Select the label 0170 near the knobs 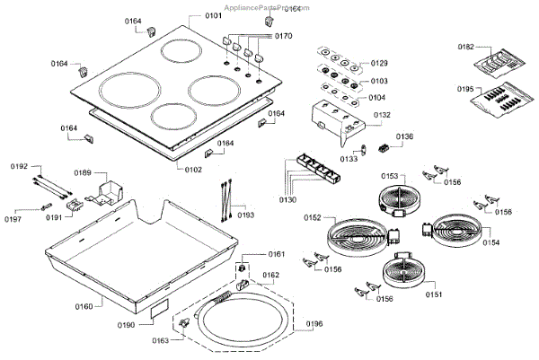283,37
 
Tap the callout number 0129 379,64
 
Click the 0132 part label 382,115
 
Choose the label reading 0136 405,137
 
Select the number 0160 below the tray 84,307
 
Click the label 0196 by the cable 314,324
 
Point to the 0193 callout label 245,215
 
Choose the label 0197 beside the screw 13,219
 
